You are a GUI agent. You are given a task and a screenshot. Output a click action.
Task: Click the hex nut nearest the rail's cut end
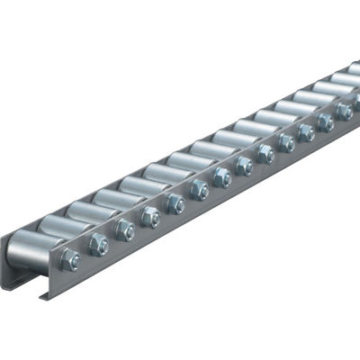point(70,260)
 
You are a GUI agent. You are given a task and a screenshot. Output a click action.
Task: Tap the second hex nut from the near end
point(98,245)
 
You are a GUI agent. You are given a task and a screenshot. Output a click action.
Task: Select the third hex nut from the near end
point(125,230)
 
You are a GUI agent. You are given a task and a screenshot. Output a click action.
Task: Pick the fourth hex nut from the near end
point(150,217)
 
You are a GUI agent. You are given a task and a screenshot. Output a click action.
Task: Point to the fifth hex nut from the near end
point(175,203)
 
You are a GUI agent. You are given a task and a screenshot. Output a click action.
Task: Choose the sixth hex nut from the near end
point(199,190)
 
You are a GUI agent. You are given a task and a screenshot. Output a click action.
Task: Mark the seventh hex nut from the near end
point(221,177)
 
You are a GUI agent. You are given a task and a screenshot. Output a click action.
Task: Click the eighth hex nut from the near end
point(244,166)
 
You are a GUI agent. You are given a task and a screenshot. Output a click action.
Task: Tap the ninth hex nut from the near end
point(265,154)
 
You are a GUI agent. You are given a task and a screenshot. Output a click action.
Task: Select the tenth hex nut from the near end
point(286,142)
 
